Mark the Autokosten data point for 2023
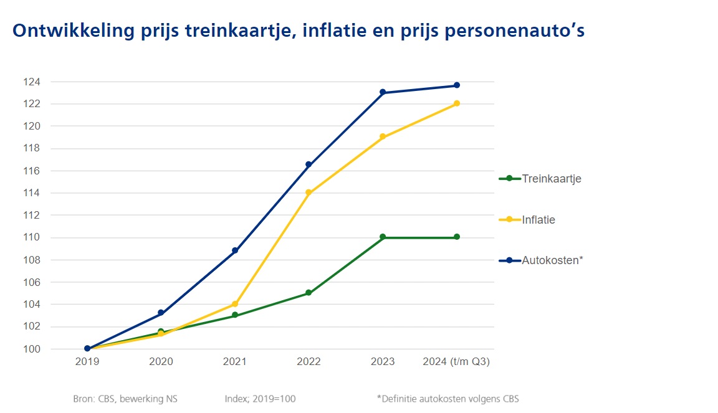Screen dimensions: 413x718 (383, 92)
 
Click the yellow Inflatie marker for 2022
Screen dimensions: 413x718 (309, 192)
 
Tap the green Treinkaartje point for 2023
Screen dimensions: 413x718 (383, 237)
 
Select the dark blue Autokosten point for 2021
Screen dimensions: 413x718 (235, 250)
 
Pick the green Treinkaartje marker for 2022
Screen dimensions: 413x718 (309, 293)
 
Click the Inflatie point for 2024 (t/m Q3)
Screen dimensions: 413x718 (457, 103)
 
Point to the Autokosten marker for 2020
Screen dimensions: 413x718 (161, 313)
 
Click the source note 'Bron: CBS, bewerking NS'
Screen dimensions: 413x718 (125, 399)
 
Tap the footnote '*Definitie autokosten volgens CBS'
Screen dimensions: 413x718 (448, 399)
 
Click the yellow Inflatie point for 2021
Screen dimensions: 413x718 (235, 304)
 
